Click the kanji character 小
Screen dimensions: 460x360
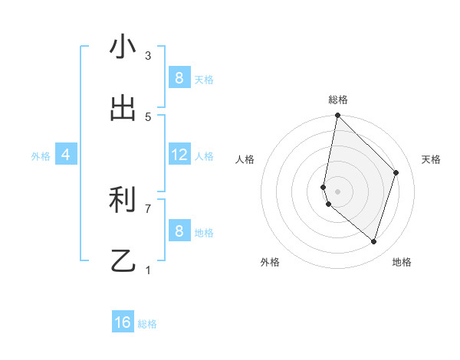coord(123,47)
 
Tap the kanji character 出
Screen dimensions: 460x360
coord(123,108)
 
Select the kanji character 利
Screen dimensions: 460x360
coord(123,201)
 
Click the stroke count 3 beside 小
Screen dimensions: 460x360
coord(148,56)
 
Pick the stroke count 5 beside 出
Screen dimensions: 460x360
coord(148,117)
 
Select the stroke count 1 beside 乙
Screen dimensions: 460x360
coord(148,270)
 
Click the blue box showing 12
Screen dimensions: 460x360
coord(179,155)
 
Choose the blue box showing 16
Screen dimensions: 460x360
coord(123,322)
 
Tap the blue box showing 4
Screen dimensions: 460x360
coord(66,155)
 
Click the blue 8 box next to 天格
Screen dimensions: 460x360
coord(179,77)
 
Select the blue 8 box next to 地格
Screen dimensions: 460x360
coord(179,231)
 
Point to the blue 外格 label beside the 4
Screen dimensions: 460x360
coord(41,155)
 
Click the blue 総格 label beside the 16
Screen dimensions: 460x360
coord(147,324)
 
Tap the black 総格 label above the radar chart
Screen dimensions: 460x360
coord(337,100)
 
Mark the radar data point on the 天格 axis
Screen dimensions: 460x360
coord(396,172)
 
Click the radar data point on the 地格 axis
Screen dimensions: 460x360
coord(374,242)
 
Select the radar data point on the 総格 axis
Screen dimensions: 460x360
coord(337,116)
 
